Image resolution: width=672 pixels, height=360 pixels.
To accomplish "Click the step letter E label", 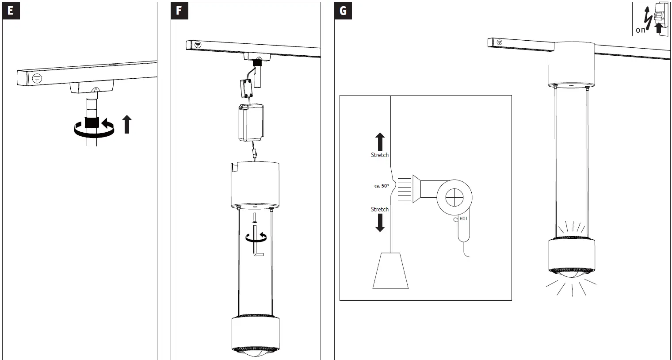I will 11,11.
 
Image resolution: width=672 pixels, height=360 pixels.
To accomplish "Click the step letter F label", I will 179,11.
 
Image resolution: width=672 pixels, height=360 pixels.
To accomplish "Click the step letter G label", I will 343,11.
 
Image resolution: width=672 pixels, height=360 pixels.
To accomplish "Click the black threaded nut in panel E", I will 92,123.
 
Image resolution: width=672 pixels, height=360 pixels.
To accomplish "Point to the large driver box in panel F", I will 252,123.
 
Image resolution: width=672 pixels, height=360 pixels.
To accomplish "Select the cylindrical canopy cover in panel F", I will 255,185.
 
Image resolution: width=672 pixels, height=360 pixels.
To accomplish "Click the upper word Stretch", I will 379,155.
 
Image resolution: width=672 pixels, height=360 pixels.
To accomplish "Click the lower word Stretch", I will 379,209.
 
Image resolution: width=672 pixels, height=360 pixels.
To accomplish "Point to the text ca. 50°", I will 382,186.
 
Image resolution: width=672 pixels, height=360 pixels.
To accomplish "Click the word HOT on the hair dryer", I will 463,218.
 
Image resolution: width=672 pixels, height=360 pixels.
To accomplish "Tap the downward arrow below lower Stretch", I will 380,223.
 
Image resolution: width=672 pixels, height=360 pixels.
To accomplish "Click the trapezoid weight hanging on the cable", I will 390,271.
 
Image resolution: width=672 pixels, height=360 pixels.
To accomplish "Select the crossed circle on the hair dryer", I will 454,197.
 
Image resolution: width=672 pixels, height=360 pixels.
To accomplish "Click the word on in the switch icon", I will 641,30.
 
